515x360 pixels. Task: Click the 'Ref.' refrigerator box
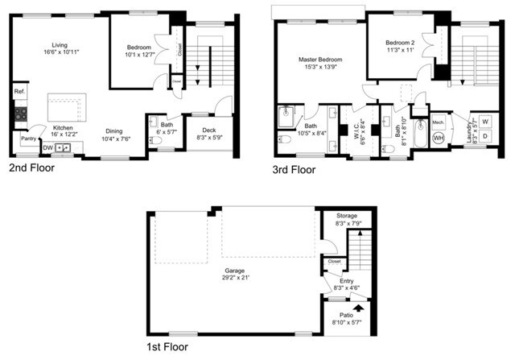[19, 93]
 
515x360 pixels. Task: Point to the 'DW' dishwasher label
[49, 148]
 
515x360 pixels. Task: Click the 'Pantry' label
[28, 139]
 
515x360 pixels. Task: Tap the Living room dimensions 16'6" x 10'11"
[61, 52]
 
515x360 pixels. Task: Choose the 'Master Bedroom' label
[319, 60]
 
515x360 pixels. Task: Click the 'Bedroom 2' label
[400, 42]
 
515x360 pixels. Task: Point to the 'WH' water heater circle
[439, 139]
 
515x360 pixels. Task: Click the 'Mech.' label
[439, 122]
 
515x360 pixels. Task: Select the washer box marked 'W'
[485, 122]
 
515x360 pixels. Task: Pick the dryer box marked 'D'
[485, 137]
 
